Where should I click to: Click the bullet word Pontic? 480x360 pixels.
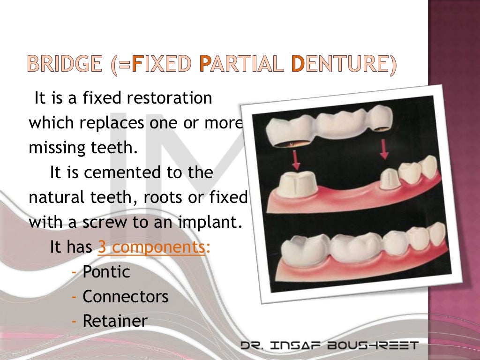(x=106, y=272)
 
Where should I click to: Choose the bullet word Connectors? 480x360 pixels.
(x=125, y=296)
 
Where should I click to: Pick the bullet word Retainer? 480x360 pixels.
(x=115, y=321)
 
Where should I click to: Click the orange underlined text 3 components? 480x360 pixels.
(x=151, y=247)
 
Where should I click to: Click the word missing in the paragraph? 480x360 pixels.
(x=53, y=149)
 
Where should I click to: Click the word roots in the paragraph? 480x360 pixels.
(x=164, y=197)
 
